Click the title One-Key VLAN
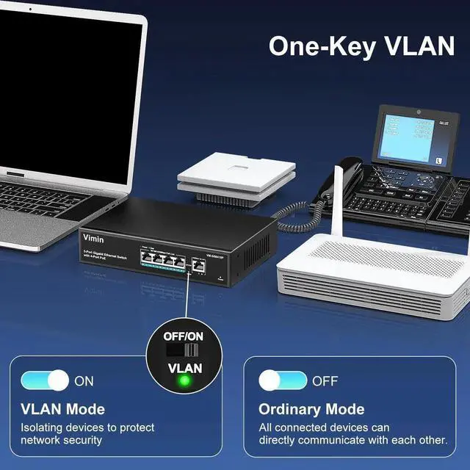click(361, 46)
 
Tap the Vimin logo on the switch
click(93, 239)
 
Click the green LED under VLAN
click(184, 380)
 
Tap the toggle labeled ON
click(44, 380)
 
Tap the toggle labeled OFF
click(283, 380)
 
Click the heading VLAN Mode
click(62, 409)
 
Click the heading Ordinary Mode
click(311, 409)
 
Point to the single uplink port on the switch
click(198, 264)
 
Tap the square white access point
click(236, 170)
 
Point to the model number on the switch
click(214, 256)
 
